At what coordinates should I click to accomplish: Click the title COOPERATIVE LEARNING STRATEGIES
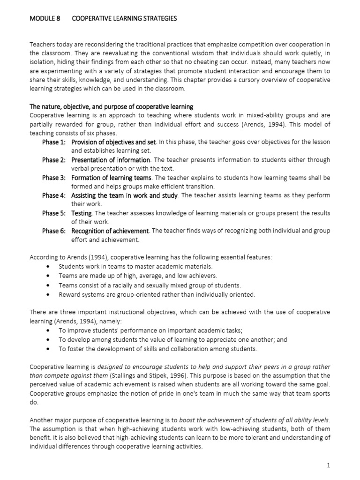tap(124, 18)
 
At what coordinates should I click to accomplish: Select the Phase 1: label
tap(54, 142)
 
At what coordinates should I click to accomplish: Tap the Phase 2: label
tap(54, 160)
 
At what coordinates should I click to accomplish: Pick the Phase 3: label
tap(54, 178)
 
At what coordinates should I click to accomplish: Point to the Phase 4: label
tap(54, 195)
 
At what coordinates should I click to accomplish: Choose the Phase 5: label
tap(54, 213)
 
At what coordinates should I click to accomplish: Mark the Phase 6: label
tap(54, 231)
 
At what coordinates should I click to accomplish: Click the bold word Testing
tap(81, 213)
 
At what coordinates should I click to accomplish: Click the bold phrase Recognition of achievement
tap(110, 231)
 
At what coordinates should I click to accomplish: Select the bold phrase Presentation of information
tap(111, 160)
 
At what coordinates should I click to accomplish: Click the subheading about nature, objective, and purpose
tap(112, 106)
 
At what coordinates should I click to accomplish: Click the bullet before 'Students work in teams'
tap(49, 267)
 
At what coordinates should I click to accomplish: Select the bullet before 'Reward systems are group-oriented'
tap(49, 295)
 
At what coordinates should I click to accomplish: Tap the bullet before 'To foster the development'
tap(49, 349)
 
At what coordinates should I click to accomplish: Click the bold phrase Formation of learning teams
tap(112, 178)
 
